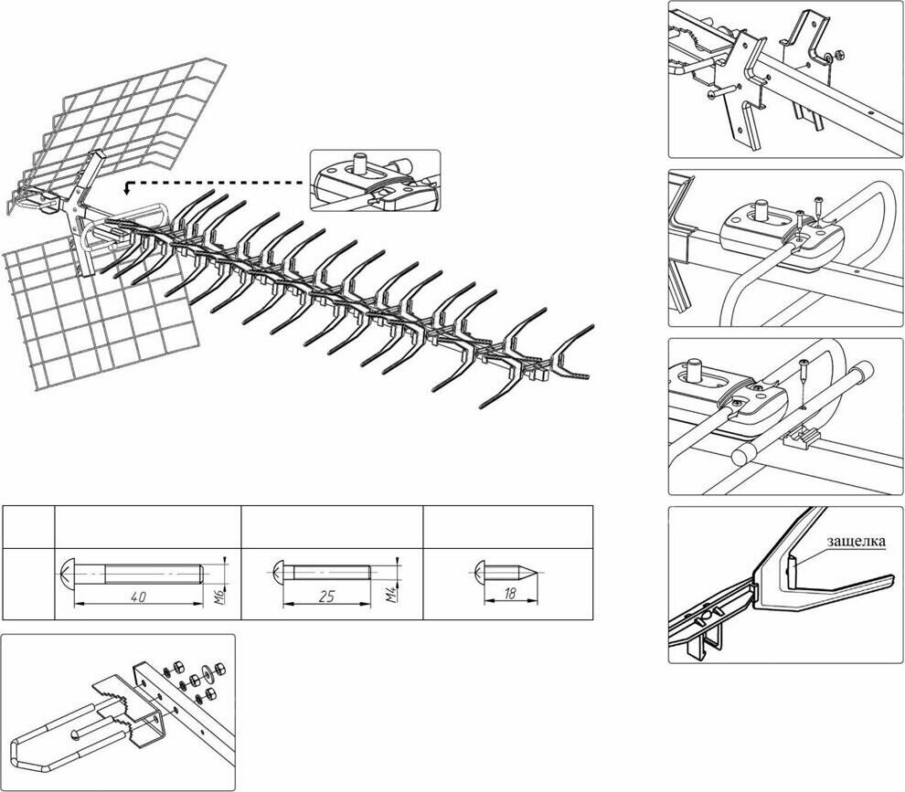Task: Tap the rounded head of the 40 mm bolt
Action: click(66, 575)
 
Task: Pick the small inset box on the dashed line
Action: click(375, 181)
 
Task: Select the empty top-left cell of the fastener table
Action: click(28, 526)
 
